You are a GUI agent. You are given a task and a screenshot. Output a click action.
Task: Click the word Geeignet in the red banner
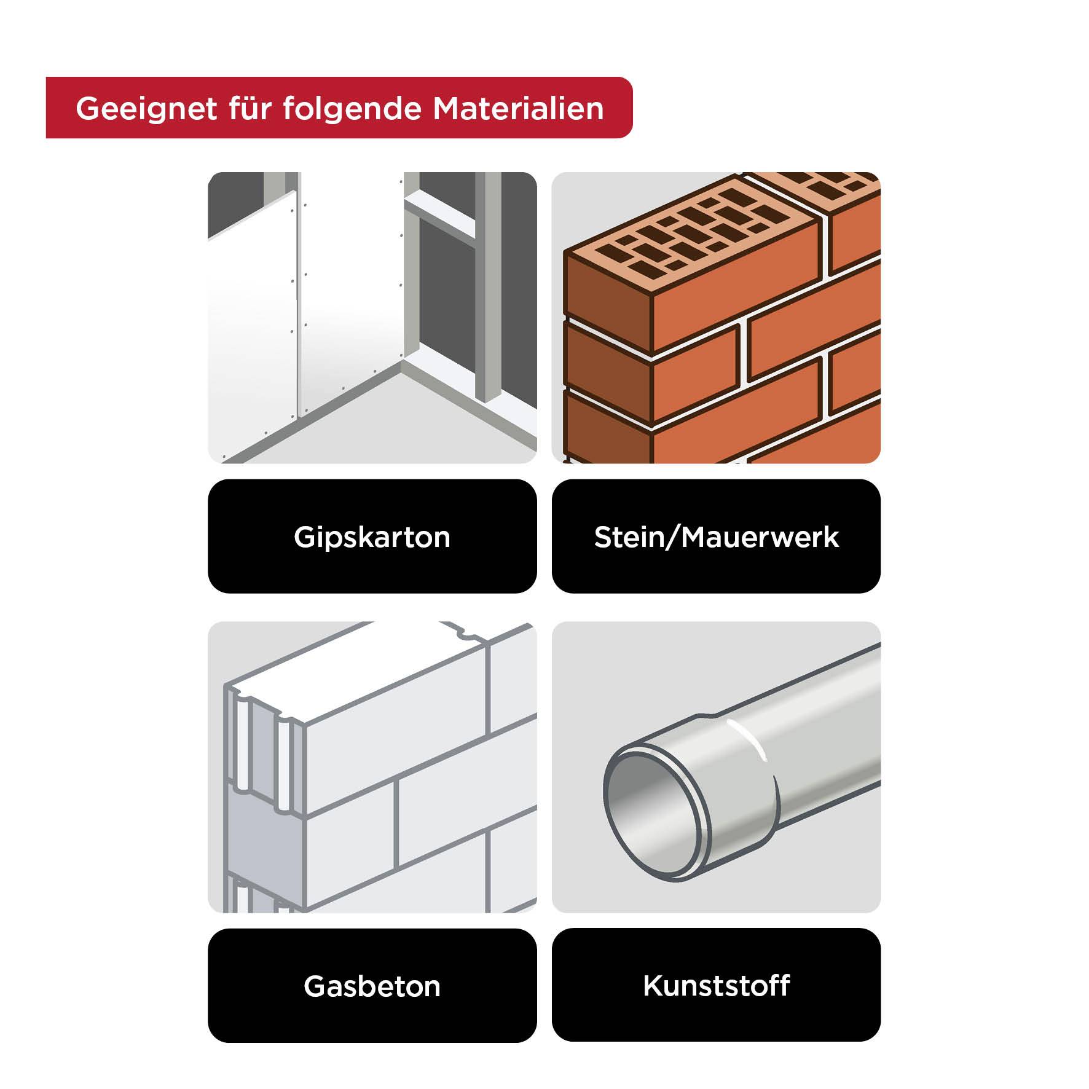(x=146, y=109)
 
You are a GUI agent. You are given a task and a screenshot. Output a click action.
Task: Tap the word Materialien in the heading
(x=518, y=109)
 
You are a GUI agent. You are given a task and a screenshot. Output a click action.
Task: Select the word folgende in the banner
(x=352, y=109)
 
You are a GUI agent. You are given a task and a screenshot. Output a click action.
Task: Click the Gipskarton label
(x=372, y=537)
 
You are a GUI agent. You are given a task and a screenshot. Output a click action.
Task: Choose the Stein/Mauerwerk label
(x=716, y=537)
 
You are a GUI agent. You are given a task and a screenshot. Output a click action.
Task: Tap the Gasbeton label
(x=372, y=986)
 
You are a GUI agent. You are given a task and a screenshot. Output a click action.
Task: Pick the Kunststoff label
(x=716, y=986)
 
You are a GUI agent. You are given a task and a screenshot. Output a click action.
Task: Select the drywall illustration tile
(x=372, y=317)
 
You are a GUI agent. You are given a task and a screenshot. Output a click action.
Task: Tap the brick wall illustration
(x=716, y=317)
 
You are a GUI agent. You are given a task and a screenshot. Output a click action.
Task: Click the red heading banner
(x=339, y=108)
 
